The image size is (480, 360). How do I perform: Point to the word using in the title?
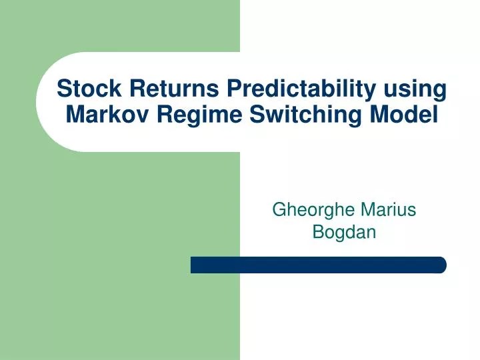pos(415,89)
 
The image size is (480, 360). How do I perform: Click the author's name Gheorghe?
pos(313,210)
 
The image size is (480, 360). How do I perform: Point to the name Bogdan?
pos(344,233)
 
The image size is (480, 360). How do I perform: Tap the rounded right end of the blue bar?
pos(441,265)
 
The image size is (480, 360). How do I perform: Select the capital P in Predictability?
pos(235,88)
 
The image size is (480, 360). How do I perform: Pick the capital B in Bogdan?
pos(318,232)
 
